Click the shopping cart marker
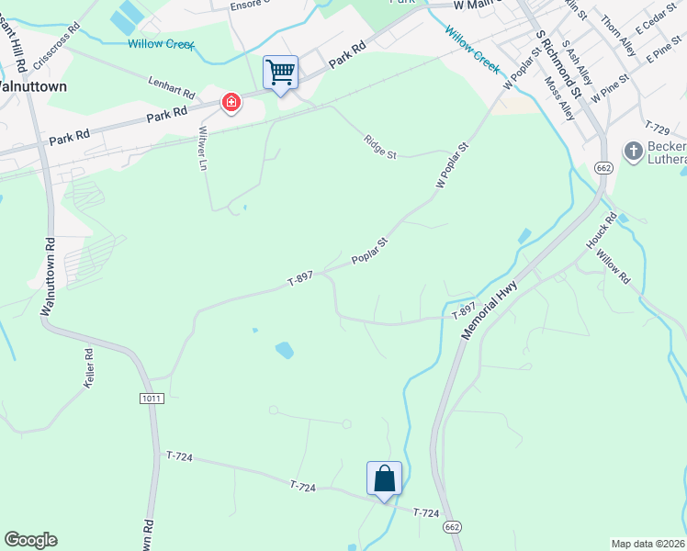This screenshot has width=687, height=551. click(280, 72)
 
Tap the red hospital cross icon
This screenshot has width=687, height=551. click(231, 102)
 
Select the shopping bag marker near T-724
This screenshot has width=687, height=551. click(384, 478)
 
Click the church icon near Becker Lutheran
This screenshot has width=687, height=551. click(633, 151)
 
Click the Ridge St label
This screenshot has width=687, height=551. click(379, 148)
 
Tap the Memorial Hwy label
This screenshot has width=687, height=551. click(490, 311)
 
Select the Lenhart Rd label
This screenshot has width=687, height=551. click(173, 88)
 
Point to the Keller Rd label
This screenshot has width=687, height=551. click(89, 367)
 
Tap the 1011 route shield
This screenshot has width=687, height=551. click(152, 398)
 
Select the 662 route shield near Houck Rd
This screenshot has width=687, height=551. click(603, 168)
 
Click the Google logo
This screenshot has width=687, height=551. click(30, 539)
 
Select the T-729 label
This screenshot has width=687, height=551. click(658, 127)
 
